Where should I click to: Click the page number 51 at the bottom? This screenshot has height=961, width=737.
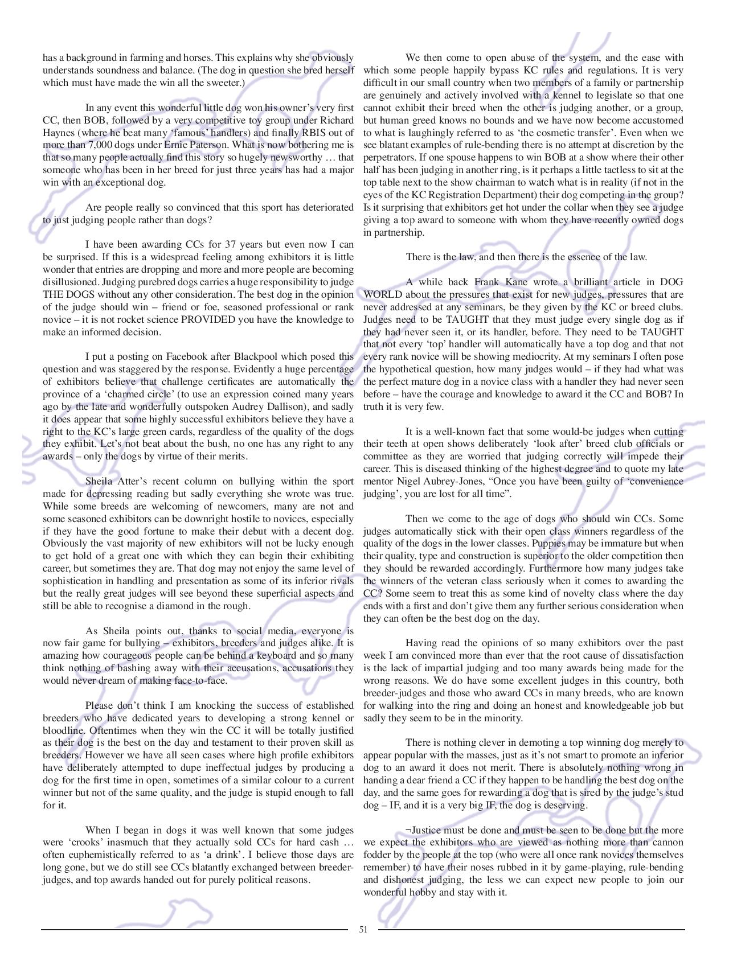pos(363,929)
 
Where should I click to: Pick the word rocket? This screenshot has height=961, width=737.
pos(161,319)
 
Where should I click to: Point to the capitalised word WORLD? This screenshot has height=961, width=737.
pos(382,294)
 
